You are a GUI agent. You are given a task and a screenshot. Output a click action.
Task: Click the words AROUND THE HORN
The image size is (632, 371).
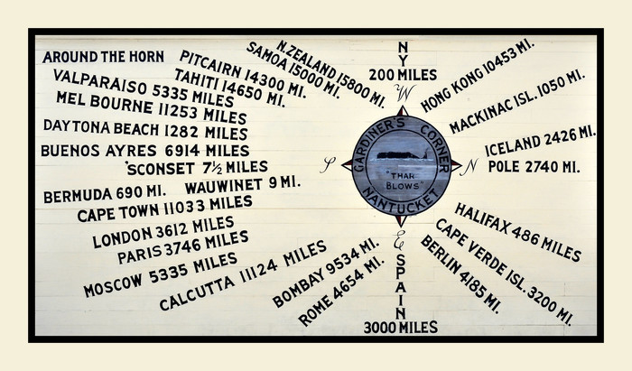102,57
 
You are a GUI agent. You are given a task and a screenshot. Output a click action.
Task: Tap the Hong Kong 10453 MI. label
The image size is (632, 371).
478,75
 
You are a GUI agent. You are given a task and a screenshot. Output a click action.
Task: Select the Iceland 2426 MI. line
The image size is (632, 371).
540,142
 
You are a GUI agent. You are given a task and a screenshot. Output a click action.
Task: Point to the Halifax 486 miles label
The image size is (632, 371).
517,231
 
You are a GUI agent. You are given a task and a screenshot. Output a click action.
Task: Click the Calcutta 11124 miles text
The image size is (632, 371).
242,276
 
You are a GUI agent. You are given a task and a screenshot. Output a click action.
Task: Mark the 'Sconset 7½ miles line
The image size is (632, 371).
197,168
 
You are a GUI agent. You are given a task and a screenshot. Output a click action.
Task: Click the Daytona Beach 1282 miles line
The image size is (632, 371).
144,129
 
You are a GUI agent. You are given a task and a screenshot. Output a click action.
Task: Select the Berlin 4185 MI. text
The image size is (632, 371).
460,273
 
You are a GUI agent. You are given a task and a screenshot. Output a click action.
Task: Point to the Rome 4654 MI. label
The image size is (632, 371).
340,291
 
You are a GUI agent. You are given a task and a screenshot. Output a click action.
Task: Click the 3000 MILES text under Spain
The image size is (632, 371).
400,327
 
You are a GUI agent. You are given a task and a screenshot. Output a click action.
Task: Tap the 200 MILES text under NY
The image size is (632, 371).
402,73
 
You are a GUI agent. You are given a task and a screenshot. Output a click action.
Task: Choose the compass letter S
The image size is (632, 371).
330,163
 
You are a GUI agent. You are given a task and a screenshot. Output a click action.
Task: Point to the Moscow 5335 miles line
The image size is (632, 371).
160,274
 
